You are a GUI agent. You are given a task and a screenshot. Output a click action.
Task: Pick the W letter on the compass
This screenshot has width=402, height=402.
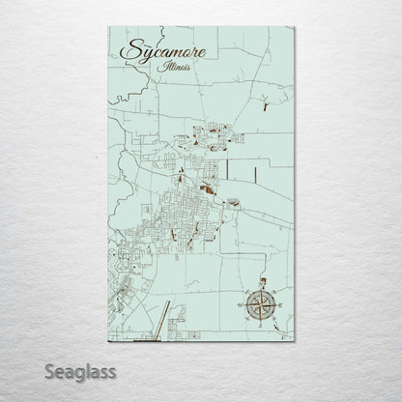239,306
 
